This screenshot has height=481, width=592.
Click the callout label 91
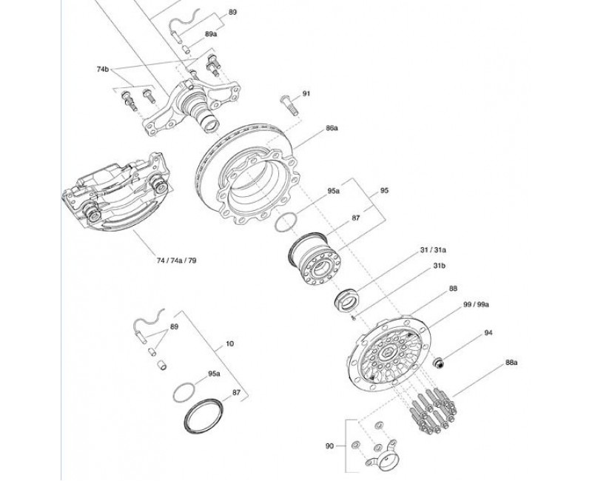(x=306, y=93)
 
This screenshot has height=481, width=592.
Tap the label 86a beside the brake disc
(x=332, y=128)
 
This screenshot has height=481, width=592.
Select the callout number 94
(x=488, y=332)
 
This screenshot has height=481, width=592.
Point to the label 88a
(x=511, y=363)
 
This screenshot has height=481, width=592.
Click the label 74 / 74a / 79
(x=177, y=260)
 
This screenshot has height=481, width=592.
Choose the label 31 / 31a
(x=433, y=250)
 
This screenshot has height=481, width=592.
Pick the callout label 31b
(x=439, y=266)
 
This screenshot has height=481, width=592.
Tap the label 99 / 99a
(x=476, y=304)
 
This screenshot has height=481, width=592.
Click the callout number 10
(x=229, y=343)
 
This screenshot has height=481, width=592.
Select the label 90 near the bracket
(x=329, y=446)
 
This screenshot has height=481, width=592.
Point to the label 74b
(x=103, y=69)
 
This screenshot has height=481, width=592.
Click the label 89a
(x=211, y=34)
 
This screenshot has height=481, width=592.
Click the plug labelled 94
(x=438, y=363)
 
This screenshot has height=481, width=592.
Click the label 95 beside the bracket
(x=384, y=191)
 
